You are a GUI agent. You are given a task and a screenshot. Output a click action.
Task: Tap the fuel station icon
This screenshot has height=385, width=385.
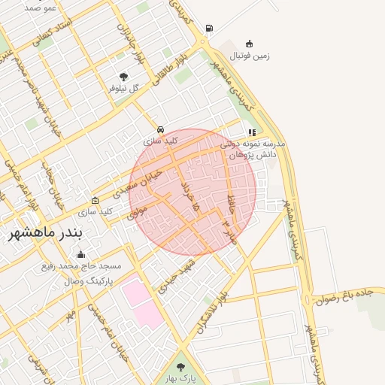(208, 29)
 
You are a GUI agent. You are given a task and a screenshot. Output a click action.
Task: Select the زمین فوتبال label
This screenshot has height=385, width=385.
(249, 56)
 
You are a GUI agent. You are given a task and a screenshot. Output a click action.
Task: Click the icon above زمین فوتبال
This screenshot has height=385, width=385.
(249, 44)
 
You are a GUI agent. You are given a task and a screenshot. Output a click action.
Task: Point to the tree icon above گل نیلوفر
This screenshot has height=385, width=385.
(123, 76)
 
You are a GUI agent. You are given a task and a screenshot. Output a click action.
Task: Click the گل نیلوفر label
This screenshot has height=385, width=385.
(123, 88)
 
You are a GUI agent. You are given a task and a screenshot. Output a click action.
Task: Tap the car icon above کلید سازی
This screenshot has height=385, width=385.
(160, 129)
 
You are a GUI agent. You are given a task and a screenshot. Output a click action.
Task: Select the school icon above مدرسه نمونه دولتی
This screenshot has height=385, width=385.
(251, 132)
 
